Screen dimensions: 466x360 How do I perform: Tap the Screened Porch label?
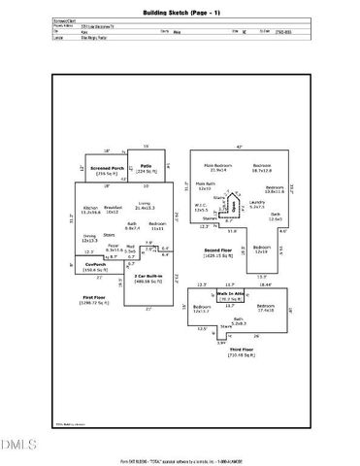[x=106, y=168]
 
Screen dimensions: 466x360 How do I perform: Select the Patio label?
[x=146, y=167]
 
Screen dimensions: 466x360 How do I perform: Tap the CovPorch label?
[x=95, y=263]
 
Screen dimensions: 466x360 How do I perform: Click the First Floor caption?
[x=94, y=299]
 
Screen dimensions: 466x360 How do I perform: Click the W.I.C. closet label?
[x=203, y=206]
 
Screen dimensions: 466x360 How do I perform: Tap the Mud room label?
[x=130, y=249]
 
